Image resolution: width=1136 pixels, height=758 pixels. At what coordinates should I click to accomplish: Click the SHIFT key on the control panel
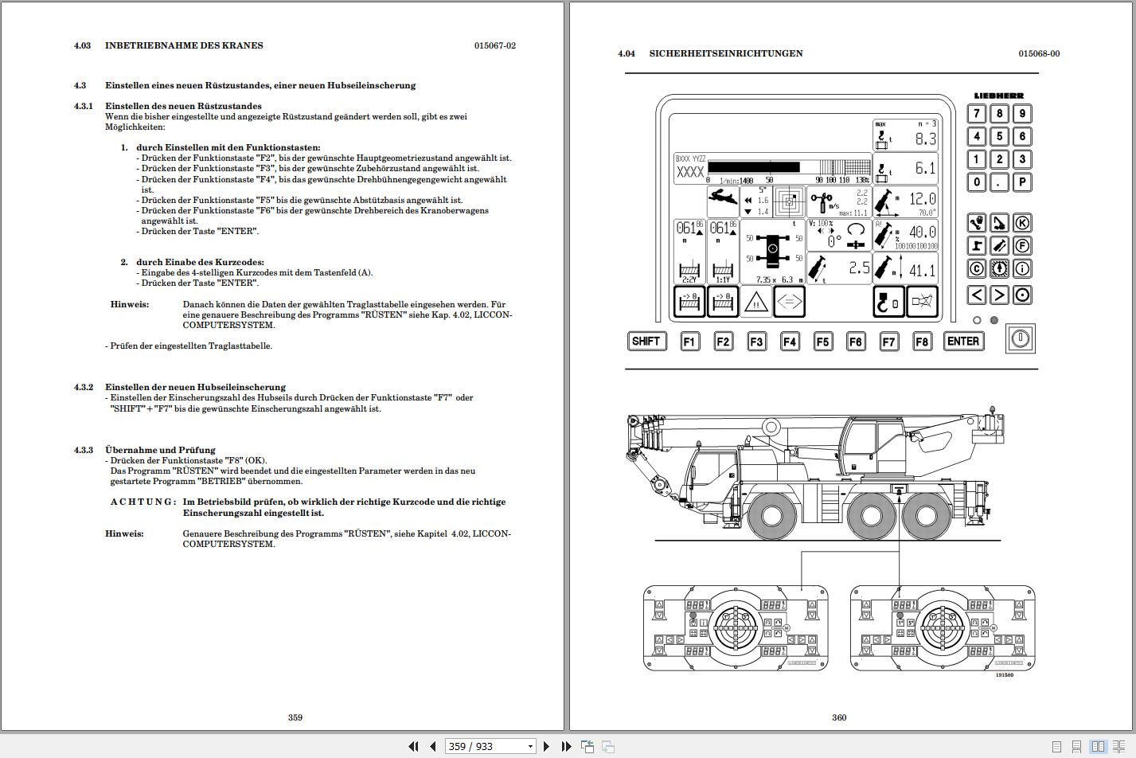646,342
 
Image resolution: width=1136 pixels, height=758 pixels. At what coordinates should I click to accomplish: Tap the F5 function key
822,342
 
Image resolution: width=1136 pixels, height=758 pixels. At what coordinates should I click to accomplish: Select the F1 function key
689,342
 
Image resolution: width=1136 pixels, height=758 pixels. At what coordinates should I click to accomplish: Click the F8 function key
921,342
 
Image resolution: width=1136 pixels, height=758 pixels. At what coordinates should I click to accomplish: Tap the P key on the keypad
1022,182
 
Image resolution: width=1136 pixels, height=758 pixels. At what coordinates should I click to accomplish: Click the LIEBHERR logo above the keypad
998,96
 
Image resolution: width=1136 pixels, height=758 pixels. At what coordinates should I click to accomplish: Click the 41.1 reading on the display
922,271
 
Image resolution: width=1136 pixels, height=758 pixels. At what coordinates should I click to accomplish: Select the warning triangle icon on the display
755,303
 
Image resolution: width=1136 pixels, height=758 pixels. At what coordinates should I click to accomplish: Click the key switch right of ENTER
1020,339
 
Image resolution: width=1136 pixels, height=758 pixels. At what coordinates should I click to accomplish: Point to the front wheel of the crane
770,514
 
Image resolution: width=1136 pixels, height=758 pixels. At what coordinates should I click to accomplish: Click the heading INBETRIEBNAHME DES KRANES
184,45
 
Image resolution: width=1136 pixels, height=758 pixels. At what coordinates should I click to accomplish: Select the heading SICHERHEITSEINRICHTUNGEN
725,53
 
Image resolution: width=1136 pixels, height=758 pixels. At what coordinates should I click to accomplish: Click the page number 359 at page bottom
295,717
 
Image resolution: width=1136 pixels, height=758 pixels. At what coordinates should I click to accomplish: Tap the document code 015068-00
1039,53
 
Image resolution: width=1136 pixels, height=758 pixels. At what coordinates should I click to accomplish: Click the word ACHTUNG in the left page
142,502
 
